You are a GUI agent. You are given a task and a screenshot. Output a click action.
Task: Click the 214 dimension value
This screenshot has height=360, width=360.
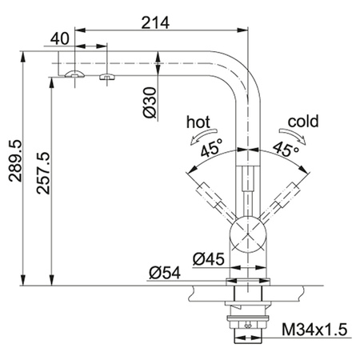pos(155,23)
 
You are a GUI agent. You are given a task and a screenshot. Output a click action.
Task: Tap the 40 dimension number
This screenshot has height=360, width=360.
pos(60,38)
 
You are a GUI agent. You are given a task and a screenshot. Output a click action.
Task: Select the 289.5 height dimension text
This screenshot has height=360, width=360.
pos(15,161)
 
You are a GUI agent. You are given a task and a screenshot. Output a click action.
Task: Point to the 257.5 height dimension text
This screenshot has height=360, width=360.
pos(43,173)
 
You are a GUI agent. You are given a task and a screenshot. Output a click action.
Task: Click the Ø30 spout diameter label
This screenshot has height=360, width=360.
pos(150,102)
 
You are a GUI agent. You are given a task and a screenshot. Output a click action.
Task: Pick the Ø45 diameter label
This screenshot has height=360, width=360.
pos(209,259)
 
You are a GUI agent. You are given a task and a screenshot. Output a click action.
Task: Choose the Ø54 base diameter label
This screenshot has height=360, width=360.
pos(165,273)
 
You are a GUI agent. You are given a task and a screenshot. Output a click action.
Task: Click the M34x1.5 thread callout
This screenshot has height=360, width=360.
pos(314,330)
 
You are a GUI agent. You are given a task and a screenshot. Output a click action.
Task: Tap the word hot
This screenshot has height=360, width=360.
pos(198,122)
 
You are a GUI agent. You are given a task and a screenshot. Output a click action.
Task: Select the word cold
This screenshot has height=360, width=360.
pos(303,122)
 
